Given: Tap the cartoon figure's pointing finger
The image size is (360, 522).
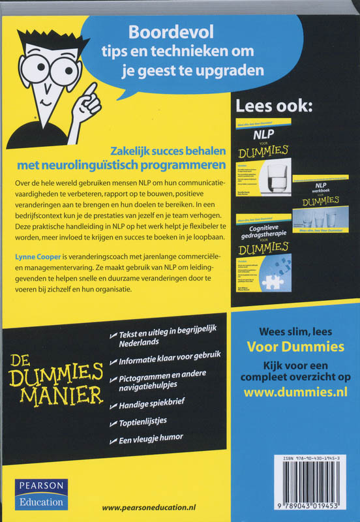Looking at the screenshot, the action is [x=91, y=89].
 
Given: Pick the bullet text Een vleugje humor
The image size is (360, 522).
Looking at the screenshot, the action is [x=152, y=438].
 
